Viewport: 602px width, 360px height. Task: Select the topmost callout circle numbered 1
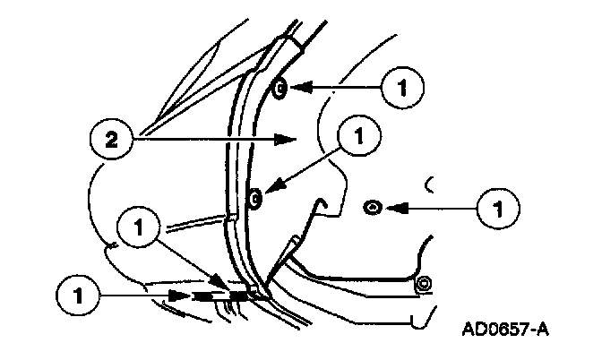tap(400, 89)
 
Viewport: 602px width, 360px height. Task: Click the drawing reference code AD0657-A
tap(505, 329)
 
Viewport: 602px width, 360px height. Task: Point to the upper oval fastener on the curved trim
tap(279, 89)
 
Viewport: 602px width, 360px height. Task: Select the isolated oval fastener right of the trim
tap(370, 208)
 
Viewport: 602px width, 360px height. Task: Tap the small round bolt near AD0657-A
tap(423, 285)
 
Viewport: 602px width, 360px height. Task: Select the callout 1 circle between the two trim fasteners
tap(358, 139)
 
